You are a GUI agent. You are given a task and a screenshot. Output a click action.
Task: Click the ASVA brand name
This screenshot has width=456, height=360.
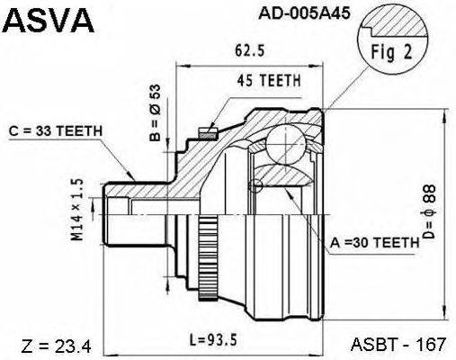coord(49,21)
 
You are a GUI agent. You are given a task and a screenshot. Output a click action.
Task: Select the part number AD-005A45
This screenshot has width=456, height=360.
coord(304,13)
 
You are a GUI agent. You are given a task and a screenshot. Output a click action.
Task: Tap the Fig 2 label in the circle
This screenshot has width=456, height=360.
coord(392,52)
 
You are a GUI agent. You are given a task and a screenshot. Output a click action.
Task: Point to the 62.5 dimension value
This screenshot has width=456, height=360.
coord(250,50)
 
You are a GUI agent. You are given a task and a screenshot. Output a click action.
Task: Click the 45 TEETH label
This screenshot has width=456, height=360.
coord(269,80)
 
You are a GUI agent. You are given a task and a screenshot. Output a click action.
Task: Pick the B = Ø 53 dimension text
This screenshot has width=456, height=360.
coord(156,112)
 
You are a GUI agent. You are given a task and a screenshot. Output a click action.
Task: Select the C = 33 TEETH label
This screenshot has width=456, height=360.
coord(56,130)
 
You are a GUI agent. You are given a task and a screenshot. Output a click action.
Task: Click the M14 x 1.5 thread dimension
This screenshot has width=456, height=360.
coord(76,210)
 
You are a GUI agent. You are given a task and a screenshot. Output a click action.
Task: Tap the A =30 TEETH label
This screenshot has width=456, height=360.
coord(374,242)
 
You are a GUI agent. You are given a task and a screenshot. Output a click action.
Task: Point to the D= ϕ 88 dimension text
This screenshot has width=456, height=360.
coord(428,211)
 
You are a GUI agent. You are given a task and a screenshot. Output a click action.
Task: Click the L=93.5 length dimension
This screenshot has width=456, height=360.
coord(214,340)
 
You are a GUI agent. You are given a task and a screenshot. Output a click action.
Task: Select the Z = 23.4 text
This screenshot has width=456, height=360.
coord(56,346)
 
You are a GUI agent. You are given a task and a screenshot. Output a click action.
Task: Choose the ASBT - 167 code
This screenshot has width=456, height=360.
coord(398,344)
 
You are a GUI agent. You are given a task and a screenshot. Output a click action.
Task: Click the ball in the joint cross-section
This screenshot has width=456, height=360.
coord(286,144)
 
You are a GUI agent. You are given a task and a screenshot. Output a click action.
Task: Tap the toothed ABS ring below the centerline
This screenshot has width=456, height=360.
coord(208,257)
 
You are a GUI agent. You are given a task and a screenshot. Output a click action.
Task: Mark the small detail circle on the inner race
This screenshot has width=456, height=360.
coord(255,185)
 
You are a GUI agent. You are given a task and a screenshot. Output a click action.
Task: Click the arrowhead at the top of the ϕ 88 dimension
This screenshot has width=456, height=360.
coord(444,115)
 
